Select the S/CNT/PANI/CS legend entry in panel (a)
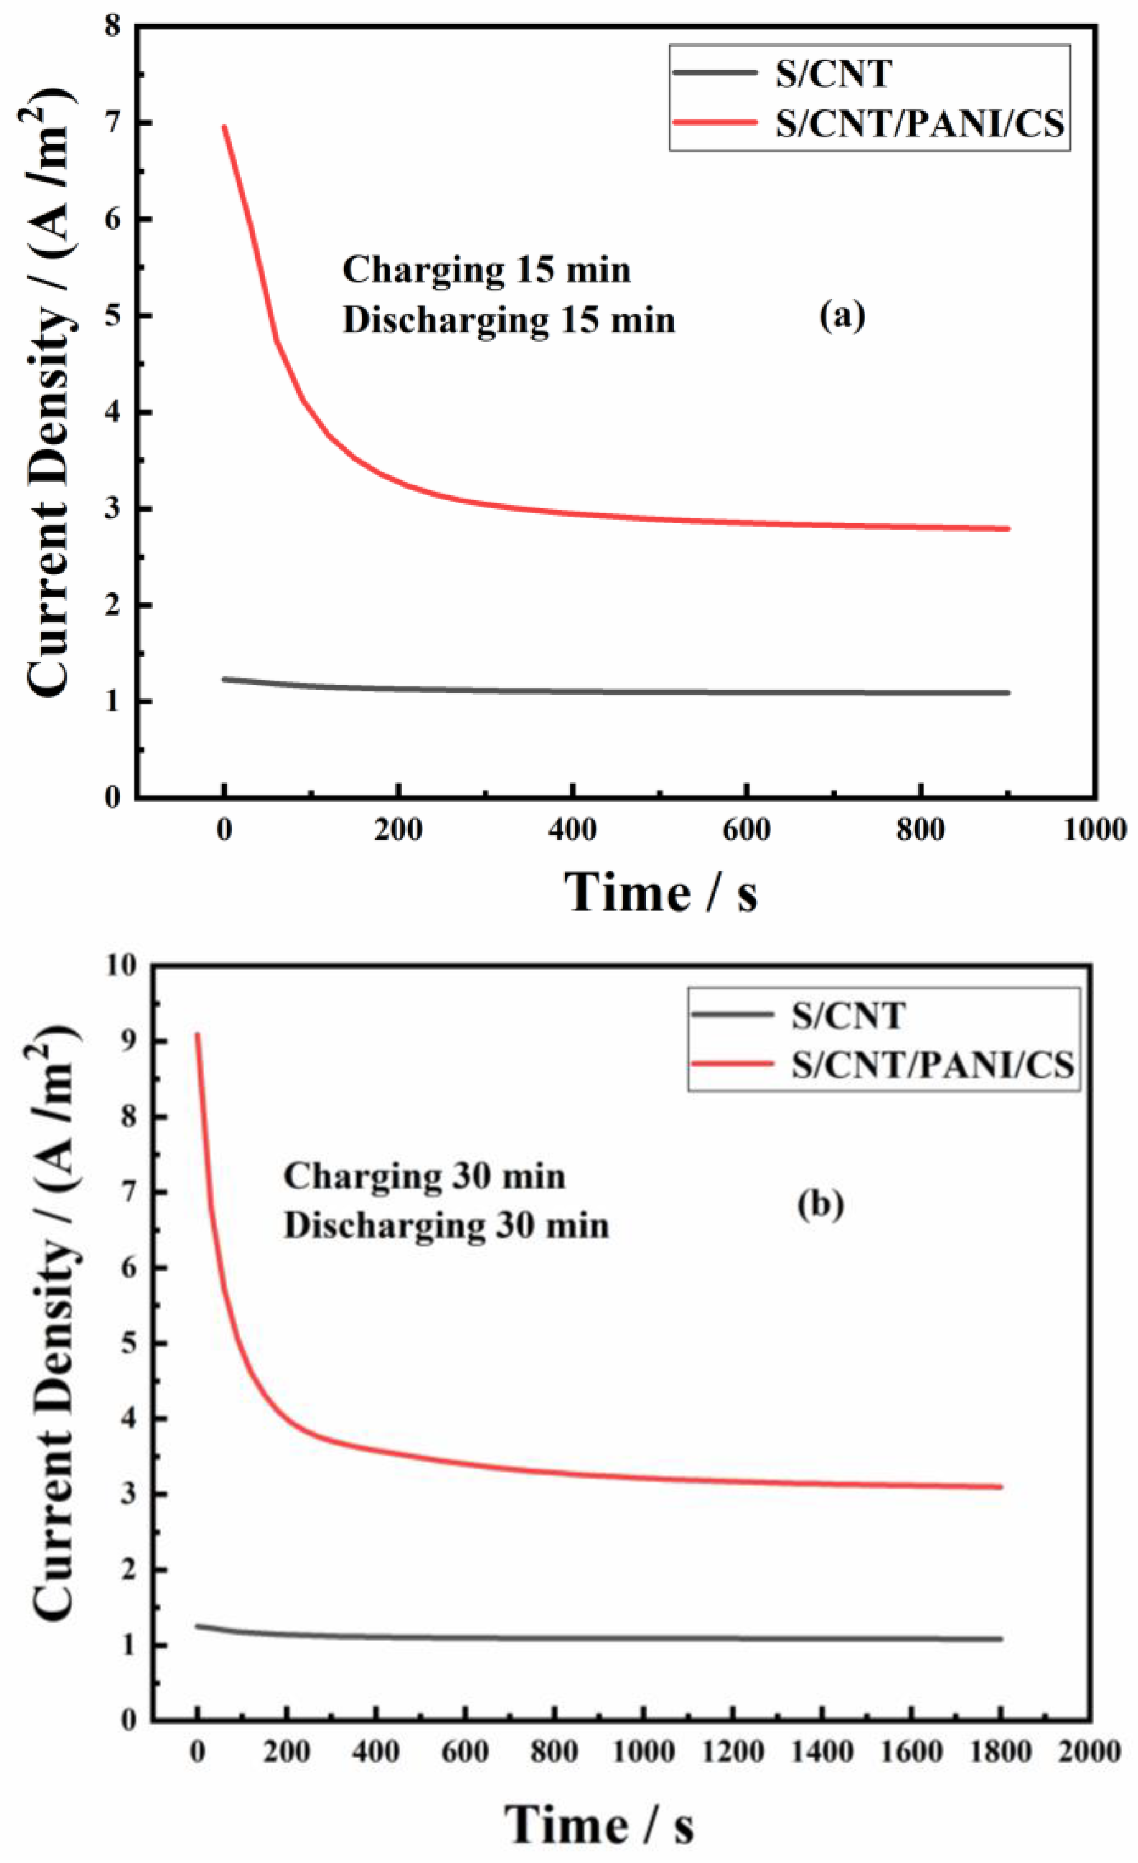920,123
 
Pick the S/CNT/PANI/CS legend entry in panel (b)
932,1065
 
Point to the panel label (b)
820,1204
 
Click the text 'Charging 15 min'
486,270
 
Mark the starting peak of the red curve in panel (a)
224,126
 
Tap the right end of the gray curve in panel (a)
1008,692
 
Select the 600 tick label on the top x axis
747,830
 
